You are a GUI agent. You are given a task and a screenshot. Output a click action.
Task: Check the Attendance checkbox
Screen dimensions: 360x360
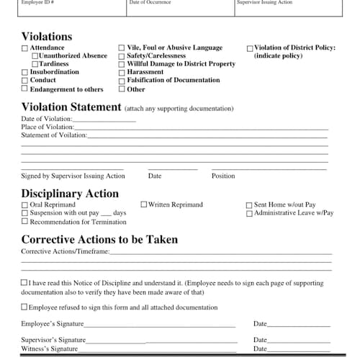click(25, 48)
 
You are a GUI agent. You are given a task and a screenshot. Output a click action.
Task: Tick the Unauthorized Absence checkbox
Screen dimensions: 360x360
click(35, 56)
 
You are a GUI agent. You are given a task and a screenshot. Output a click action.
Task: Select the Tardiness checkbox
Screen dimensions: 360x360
click(35, 64)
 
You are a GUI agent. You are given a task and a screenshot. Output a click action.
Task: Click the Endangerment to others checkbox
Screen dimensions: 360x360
click(25, 89)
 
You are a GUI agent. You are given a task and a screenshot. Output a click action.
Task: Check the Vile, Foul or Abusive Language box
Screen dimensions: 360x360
click(122, 48)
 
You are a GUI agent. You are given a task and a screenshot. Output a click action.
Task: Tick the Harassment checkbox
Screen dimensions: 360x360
click(122, 73)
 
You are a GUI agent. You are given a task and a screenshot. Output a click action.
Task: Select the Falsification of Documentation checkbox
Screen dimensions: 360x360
click(122, 81)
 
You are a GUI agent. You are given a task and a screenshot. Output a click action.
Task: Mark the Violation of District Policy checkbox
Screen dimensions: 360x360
click(250, 48)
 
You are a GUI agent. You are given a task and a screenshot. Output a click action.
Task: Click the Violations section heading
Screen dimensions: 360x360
click(47, 36)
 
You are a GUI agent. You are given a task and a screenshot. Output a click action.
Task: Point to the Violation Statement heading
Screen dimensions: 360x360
click(71, 107)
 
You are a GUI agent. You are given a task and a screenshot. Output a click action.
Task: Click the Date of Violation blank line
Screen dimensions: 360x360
click(104, 120)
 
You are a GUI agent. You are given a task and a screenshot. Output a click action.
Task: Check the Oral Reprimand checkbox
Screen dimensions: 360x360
click(25, 205)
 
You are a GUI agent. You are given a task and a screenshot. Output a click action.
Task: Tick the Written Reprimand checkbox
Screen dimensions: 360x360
click(144, 205)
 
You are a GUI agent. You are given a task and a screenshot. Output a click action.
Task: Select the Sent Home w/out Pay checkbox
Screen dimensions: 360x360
click(250, 205)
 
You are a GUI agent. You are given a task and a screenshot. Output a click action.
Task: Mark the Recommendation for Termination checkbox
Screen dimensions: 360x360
click(25, 222)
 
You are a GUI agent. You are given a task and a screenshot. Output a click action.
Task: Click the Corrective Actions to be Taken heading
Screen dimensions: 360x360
click(99, 240)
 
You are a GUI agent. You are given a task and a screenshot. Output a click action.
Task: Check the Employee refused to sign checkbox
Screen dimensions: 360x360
click(25, 307)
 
